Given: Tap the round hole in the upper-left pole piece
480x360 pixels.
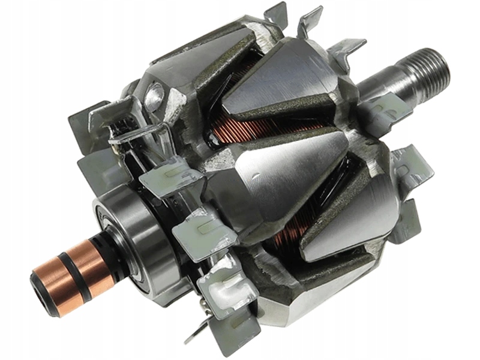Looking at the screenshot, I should (x=155, y=95).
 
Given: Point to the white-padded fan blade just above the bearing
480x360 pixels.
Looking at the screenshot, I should (x=162, y=180).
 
